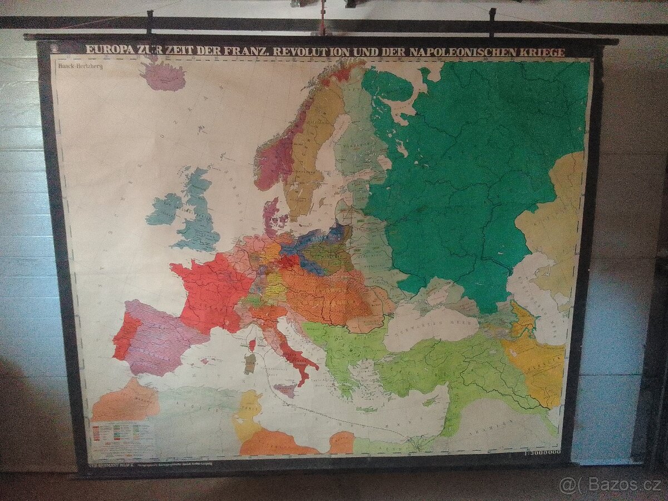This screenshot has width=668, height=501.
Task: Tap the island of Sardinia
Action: coord(250,363)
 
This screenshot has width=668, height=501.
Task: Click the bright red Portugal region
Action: coord(123,336)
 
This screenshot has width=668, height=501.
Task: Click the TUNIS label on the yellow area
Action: coord(250,407)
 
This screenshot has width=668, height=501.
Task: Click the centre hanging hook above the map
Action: coord(321,25)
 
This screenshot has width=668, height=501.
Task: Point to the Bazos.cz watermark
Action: coord(609,485)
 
